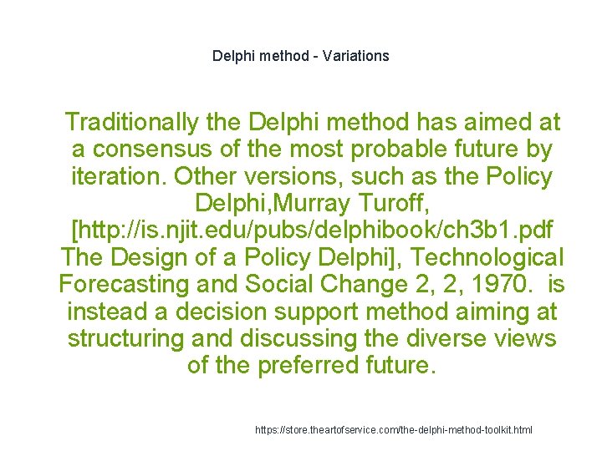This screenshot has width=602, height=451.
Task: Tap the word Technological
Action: click(487, 258)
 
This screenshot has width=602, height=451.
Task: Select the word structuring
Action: click(126, 339)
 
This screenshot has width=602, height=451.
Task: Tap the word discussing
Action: click(305, 339)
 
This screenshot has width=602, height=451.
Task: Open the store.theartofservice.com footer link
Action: click(393, 430)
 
